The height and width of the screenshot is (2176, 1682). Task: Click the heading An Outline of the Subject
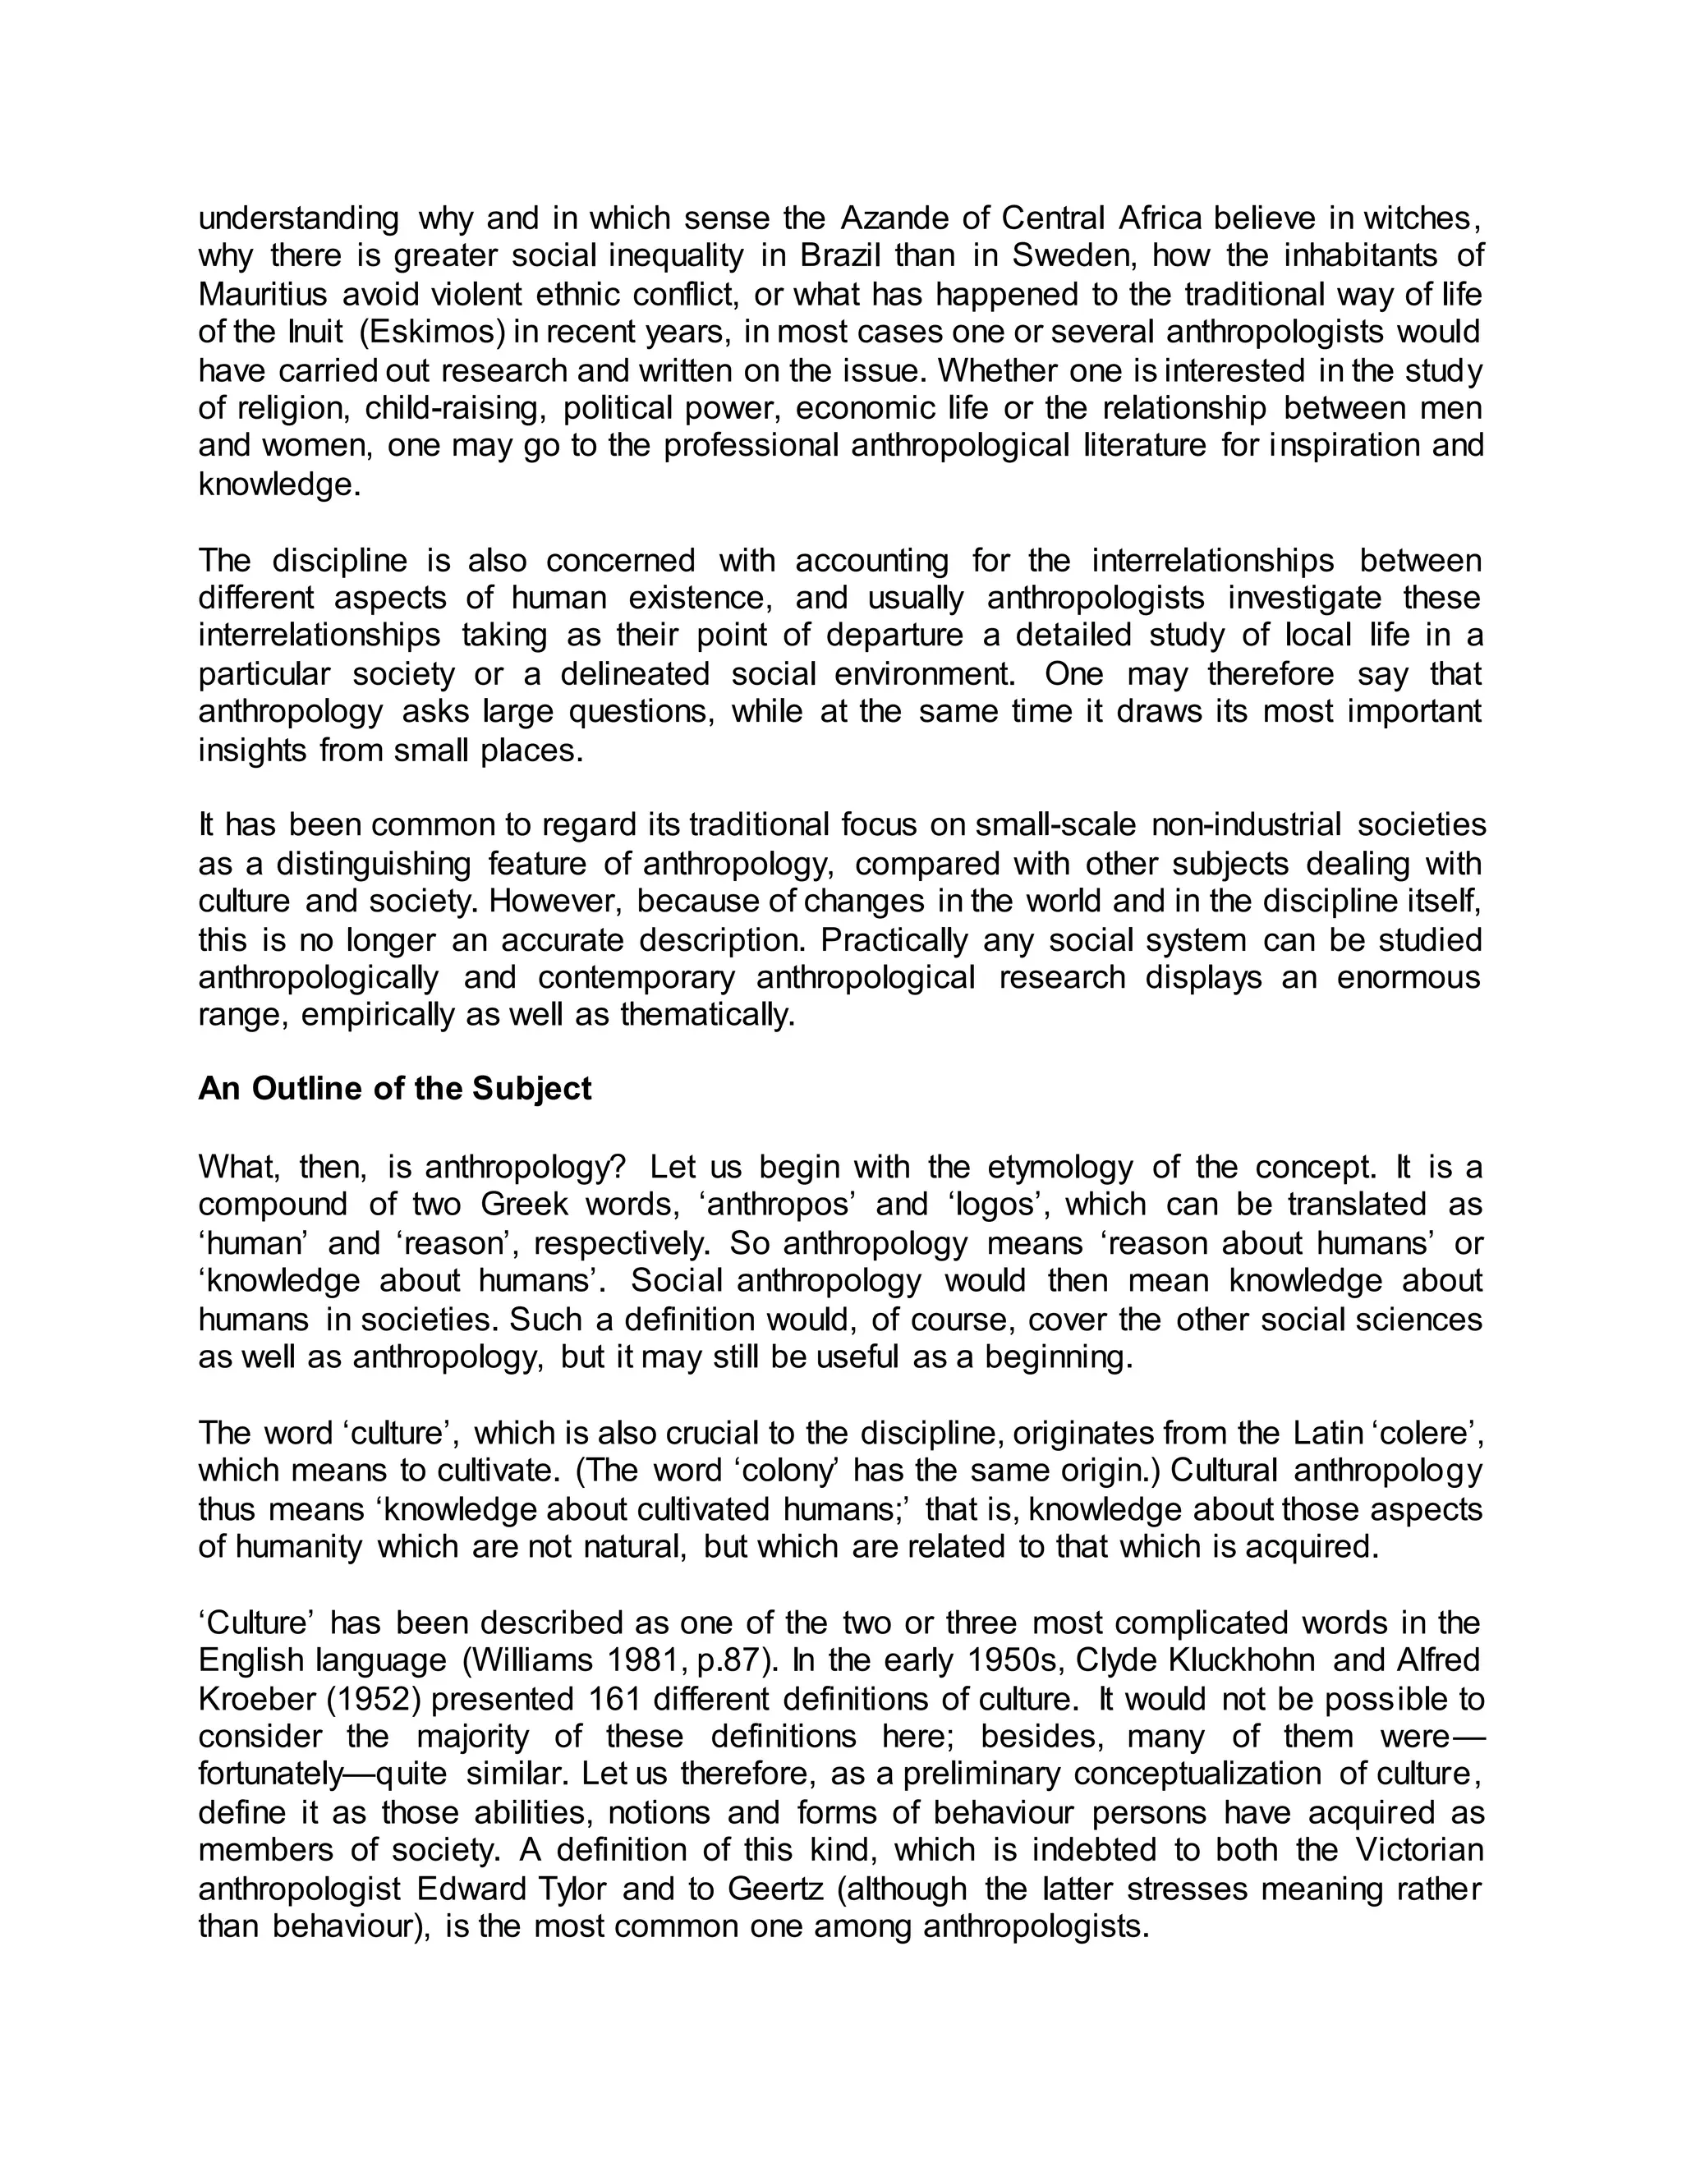[x=394, y=1088]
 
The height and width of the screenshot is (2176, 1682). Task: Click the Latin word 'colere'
[x=1429, y=1433]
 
